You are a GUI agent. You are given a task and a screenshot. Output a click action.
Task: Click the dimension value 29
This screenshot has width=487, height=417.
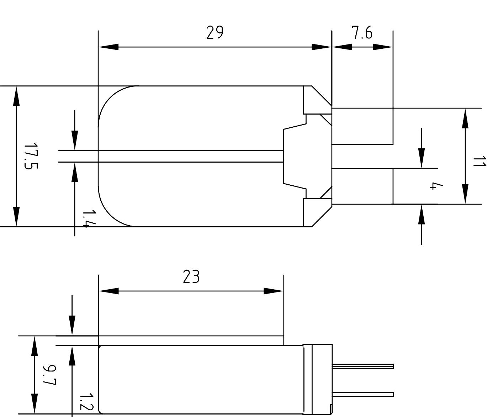[215, 33]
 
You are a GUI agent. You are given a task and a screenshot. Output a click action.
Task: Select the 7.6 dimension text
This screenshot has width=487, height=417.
[362, 33]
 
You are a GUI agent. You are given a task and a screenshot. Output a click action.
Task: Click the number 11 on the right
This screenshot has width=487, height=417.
[479, 161]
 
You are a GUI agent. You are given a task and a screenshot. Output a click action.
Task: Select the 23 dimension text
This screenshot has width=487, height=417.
[191, 277]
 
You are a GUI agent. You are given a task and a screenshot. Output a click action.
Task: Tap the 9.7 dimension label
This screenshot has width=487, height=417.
[49, 375]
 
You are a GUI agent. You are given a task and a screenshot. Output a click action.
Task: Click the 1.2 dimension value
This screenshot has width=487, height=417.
[86, 402]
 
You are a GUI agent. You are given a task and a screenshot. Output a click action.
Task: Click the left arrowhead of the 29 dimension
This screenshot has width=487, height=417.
[108, 47]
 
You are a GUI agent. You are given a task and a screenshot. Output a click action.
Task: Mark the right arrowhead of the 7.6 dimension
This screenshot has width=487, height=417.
[383, 47]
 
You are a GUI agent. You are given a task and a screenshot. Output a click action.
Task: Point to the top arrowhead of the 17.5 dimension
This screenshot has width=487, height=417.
[16, 96]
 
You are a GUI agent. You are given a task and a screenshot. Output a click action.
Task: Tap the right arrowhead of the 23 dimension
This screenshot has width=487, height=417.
[274, 291]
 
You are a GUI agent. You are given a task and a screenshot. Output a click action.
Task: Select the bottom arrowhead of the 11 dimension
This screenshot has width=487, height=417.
[465, 194]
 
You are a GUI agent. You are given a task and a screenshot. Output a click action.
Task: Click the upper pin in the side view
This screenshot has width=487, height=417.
[363, 366]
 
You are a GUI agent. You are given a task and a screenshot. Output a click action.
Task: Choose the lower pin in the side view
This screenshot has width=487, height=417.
[363, 394]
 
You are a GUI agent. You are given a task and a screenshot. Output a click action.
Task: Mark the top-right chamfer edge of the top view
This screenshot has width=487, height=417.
[322, 96]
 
